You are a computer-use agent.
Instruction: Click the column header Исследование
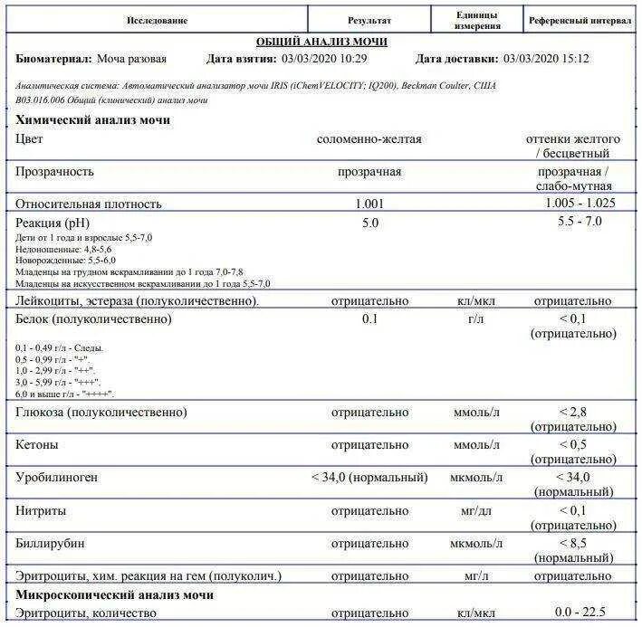click(x=157, y=20)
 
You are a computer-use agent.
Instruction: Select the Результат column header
click(x=369, y=20)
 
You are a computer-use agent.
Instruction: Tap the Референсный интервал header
click(x=580, y=20)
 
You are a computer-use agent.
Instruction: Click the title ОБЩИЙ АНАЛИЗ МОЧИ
click(x=321, y=42)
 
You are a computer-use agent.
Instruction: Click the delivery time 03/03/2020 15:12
click(x=546, y=59)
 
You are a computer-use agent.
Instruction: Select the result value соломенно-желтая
click(x=369, y=139)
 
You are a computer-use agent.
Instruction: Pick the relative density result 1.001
click(x=369, y=204)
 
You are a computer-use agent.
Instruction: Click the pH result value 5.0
click(x=369, y=222)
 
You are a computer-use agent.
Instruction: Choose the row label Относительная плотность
click(x=89, y=204)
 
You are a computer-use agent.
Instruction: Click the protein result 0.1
click(x=369, y=319)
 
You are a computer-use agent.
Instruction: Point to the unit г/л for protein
click(x=477, y=319)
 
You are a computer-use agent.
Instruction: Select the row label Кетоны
click(x=37, y=445)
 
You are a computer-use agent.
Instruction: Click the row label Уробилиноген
click(x=56, y=477)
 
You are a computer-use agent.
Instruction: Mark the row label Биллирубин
click(x=53, y=544)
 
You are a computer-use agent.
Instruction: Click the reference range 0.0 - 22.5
click(x=580, y=613)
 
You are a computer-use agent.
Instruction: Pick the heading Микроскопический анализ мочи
click(x=115, y=594)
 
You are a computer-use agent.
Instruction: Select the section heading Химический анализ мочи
click(x=93, y=119)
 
